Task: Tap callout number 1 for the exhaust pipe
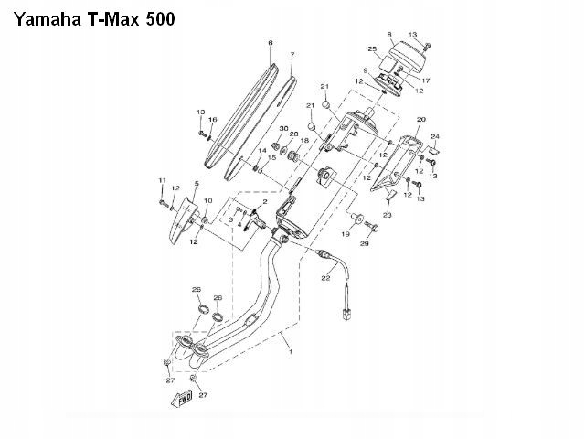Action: (290, 351)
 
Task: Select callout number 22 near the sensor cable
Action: (324, 277)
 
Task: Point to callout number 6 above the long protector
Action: (270, 43)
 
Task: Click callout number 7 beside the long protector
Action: (292, 55)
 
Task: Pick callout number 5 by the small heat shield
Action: (196, 184)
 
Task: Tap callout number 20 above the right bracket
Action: (420, 120)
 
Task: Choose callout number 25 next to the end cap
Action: (372, 48)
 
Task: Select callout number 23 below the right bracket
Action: (387, 215)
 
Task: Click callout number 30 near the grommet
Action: (283, 128)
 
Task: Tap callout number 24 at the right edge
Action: (435, 136)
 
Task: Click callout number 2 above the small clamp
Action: (264, 199)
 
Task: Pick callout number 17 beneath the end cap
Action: (425, 80)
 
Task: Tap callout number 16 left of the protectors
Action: (212, 120)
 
